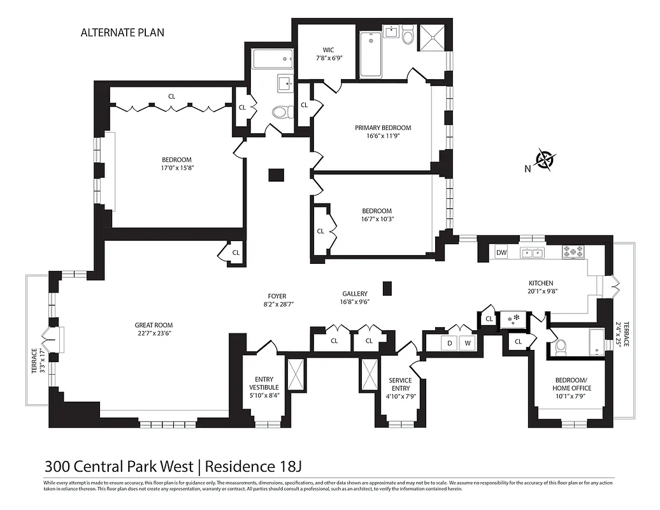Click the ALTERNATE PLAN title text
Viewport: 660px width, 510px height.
[122, 33]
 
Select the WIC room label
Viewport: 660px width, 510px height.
[328, 50]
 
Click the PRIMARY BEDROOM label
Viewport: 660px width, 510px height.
[383, 127]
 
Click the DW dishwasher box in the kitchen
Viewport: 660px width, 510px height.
[501, 253]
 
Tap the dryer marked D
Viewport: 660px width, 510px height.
[449, 343]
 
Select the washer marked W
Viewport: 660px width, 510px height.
[468, 343]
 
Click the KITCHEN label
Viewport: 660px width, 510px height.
[541, 283]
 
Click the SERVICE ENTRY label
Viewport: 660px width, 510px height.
[400, 384]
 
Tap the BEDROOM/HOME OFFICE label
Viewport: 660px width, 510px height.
[571, 384]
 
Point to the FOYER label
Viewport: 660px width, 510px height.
[277, 296]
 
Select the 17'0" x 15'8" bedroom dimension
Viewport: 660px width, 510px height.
[176, 168]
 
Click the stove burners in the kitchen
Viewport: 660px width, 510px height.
[573, 253]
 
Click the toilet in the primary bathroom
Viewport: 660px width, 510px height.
[408, 36]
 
